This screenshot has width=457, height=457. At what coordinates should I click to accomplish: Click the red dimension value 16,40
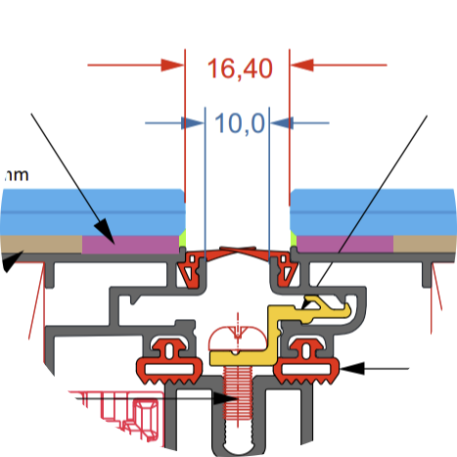click(239, 69)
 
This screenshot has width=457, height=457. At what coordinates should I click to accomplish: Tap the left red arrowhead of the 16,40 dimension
click(174, 66)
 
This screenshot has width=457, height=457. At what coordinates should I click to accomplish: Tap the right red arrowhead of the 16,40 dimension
click(301, 66)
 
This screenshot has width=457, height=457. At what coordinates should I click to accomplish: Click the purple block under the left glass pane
click(131, 243)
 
